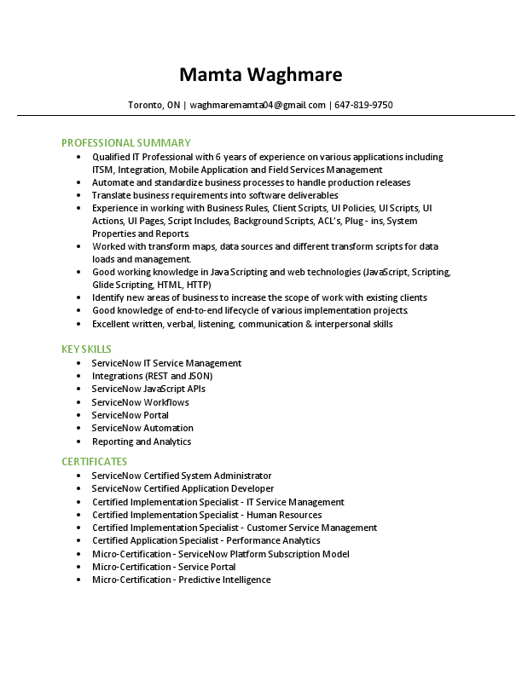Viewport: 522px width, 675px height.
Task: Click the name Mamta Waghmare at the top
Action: click(261, 75)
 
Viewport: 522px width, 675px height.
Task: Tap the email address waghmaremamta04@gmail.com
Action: click(258, 105)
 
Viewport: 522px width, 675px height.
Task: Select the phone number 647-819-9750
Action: click(364, 105)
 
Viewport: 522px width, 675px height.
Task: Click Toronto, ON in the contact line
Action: click(154, 105)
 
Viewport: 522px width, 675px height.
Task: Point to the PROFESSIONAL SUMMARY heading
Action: click(126, 142)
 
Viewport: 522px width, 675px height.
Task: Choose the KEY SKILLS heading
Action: click(86, 349)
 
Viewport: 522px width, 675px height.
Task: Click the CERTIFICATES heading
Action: click(94, 462)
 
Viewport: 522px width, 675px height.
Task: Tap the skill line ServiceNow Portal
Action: click(130, 415)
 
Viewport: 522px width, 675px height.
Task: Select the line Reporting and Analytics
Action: click(142, 441)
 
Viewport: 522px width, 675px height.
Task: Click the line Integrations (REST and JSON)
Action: click(152, 376)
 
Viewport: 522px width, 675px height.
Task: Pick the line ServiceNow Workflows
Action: click(141, 402)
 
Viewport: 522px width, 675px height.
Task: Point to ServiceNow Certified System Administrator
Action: click(182, 476)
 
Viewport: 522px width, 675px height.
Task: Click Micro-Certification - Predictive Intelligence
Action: click(182, 580)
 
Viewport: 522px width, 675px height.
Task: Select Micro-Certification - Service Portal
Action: click(164, 567)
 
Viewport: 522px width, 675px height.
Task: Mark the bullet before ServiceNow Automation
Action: click(78, 428)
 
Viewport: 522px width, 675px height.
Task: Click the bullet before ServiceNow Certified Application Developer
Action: click(78, 488)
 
